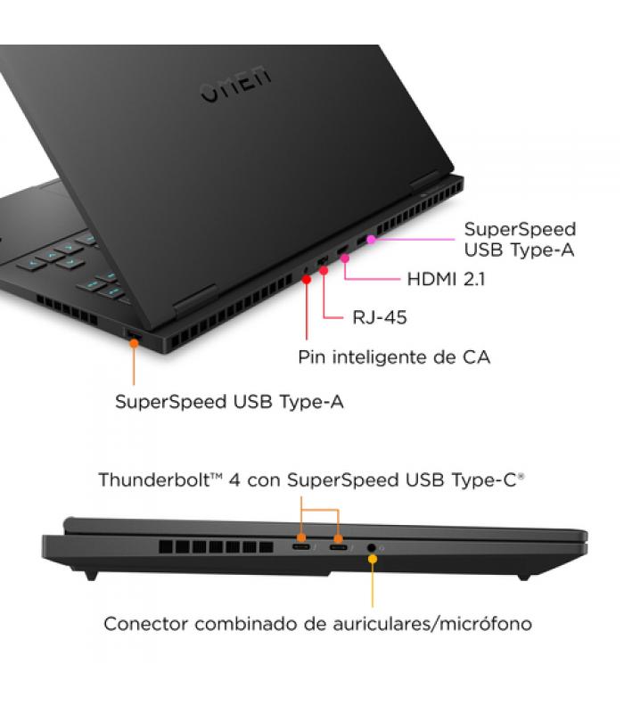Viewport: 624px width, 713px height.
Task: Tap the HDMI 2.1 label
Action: [447, 279]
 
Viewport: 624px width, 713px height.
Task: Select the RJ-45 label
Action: [380, 317]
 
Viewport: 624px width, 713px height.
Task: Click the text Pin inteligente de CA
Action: [394, 357]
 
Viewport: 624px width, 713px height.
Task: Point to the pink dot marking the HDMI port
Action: [345, 258]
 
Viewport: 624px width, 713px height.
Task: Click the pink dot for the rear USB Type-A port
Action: [371, 239]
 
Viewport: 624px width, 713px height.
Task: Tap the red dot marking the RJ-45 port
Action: [324, 271]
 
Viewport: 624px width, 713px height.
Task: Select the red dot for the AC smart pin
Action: [307, 280]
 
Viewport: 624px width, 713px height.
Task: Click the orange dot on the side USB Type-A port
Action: [134, 343]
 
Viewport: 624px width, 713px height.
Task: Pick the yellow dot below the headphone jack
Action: [373, 559]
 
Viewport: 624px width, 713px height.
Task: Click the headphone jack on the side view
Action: [372, 548]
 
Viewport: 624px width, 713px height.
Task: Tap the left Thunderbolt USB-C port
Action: [301, 547]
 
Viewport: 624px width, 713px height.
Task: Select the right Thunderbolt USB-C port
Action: [339, 547]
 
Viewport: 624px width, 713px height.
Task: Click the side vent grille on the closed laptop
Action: [216, 547]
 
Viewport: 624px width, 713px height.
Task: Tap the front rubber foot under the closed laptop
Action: [91, 575]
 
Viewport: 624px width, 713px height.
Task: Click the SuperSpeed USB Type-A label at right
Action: [520, 240]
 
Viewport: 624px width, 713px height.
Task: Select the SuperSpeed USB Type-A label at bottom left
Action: [229, 402]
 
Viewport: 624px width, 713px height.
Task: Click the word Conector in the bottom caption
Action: [146, 624]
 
